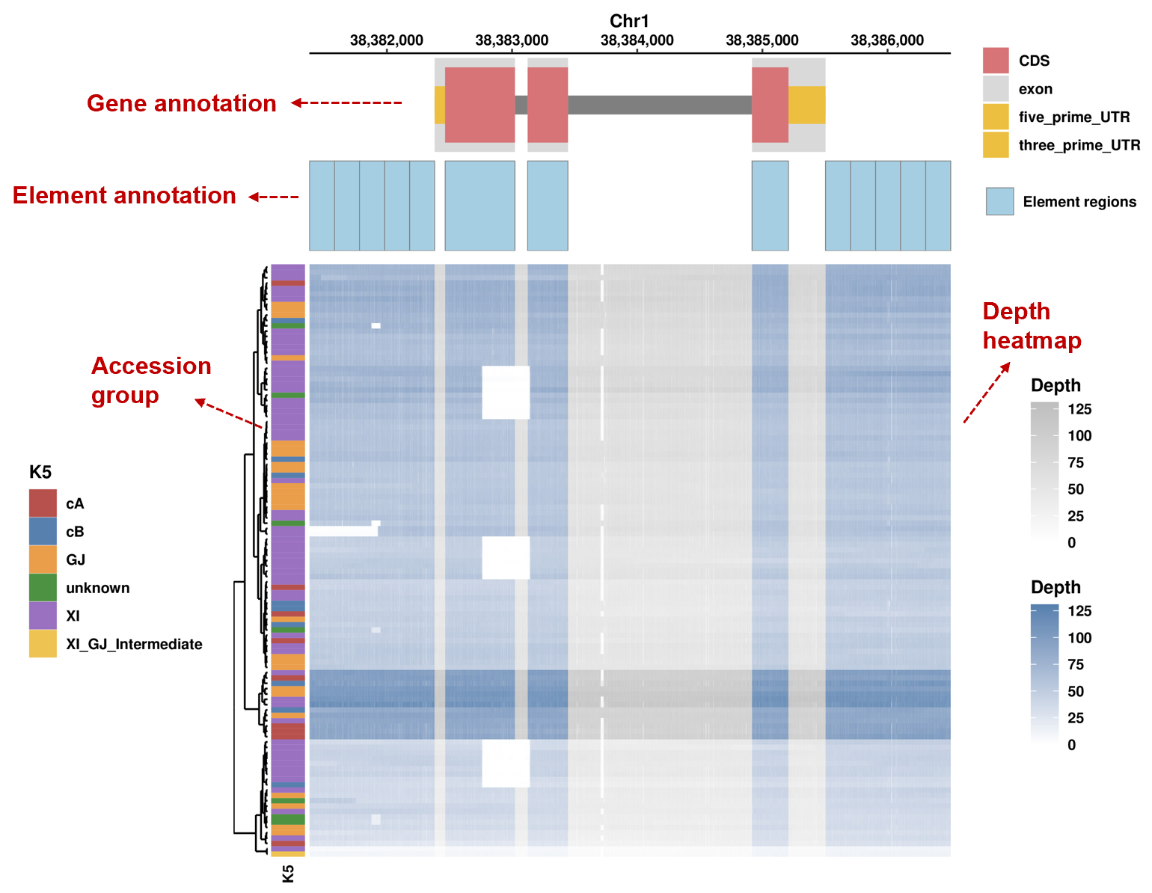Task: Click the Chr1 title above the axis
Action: point(629,21)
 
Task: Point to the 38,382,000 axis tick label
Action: point(386,40)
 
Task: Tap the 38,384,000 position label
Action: point(637,40)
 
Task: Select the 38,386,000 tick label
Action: point(887,40)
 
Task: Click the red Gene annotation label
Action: point(182,103)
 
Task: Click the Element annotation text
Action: point(124,196)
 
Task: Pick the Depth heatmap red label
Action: point(1032,326)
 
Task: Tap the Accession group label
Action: point(151,380)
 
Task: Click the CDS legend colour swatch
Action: point(996,61)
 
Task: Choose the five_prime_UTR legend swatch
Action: point(996,117)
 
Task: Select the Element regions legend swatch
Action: point(999,201)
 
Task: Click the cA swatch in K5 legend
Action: point(43,503)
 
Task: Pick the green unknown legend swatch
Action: point(43,588)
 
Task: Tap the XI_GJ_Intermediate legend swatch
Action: point(43,644)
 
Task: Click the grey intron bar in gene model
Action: point(658,105)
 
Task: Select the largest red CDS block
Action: point(480,105)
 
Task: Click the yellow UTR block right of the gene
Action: point(807,105)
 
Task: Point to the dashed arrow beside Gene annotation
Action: point(347,102)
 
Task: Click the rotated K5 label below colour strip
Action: point(288,874)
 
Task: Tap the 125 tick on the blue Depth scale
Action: point(1079,611)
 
